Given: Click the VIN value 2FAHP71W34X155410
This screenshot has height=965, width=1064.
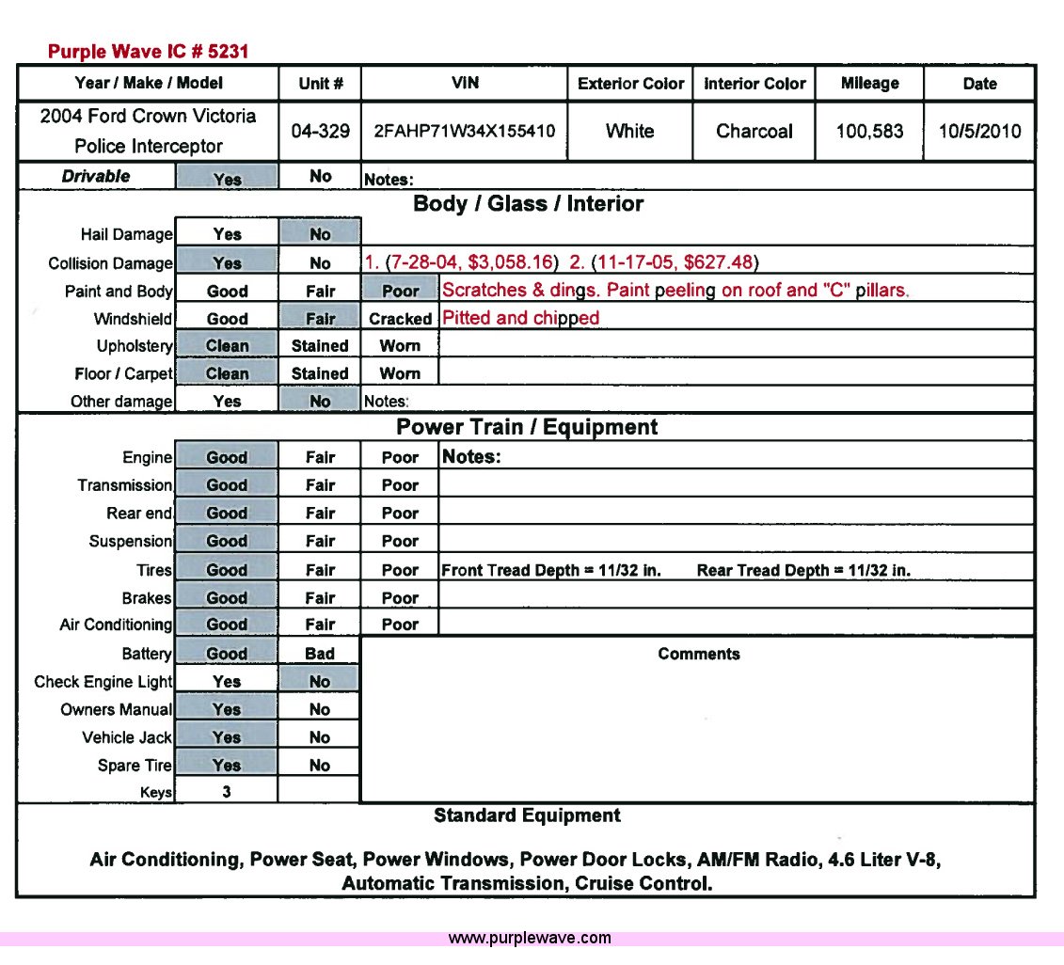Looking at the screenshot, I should (464, 132).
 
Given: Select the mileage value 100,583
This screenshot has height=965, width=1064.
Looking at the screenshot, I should (869, 132).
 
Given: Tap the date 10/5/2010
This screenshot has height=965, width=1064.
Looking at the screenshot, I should (979, 132).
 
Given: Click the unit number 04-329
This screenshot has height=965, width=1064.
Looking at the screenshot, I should (320, 132).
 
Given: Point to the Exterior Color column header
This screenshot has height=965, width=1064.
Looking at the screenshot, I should (630, 84).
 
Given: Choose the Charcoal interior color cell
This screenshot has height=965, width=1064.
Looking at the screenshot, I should (754, 132).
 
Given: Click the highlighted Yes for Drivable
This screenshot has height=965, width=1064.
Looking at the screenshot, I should (227, 179).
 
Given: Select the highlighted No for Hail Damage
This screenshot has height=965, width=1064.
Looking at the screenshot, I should (320, 234).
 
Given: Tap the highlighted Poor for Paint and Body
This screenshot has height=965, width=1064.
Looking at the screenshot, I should (400, 292).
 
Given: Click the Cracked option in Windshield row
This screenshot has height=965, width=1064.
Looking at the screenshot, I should (400, 319).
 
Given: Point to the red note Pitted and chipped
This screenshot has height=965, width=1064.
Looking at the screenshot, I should (520, 318).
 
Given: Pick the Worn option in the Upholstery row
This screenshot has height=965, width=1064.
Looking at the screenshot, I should (400, 346).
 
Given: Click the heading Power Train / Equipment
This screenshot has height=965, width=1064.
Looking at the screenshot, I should (527, 427).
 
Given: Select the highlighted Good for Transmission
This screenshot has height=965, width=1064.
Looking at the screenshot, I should (227, 485).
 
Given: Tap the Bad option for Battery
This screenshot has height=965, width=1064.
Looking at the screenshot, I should (320, 654).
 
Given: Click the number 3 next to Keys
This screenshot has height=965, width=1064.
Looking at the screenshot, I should (227, 792).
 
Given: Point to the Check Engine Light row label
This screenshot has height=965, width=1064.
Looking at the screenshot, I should (103, 682).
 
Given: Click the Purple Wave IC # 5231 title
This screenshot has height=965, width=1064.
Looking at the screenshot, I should (148, 52).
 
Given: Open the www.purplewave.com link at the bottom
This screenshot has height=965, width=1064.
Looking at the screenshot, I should (530, 938).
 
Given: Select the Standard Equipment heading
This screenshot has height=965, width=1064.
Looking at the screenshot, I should (527, 815).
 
